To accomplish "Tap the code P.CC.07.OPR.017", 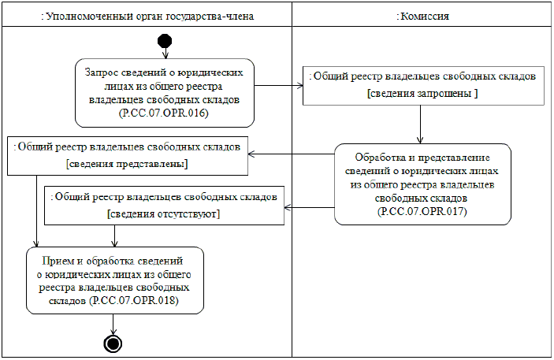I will click(422, 212).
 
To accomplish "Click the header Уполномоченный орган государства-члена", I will click(147, 16).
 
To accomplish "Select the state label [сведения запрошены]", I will click(422, 93).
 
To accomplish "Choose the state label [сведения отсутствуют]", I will click(163, 213).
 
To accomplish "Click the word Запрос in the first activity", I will click(102, 72).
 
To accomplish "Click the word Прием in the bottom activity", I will click(66, 259).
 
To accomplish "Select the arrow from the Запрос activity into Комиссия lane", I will click(280, 85).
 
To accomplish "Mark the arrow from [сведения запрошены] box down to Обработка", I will click(422, 124).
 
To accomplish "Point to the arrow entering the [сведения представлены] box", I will click(292, 154).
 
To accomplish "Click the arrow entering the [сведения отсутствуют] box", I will click(309, 207).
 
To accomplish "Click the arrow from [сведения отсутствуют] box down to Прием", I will click(115, 236).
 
